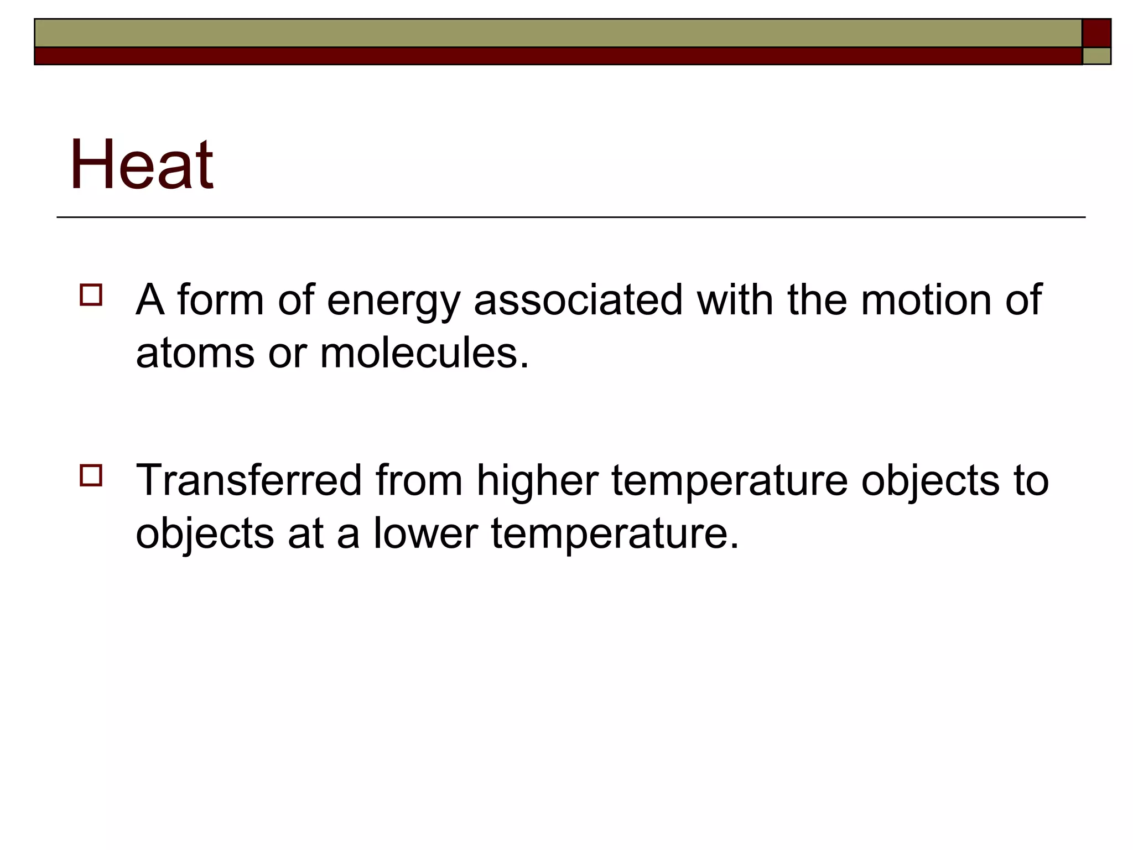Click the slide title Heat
pos(142,165)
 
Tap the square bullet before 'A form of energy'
pos(91,295)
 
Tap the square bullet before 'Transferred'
pos(91,475)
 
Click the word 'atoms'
pos(195,353)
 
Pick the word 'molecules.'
pos(424,353)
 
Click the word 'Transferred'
pos(248,480)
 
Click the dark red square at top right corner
pos(1096,33)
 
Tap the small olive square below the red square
pos(1096,56)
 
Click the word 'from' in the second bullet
pos(419,480)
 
